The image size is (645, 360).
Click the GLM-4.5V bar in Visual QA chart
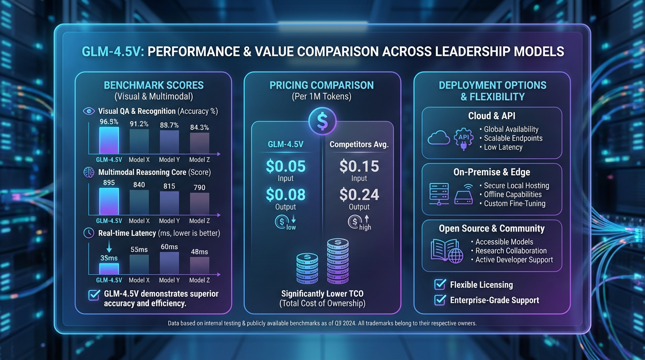pos(109,140)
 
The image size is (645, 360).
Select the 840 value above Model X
pos(139,185)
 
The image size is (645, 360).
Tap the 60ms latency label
pos(169,247)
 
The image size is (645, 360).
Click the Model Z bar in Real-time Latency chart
pos(199,265)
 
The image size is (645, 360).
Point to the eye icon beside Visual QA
pos(89,111)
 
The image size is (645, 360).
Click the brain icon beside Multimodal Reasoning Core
pos(89,172)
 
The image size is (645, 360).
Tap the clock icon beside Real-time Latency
pos(89,233)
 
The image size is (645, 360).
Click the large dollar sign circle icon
pos(322,121)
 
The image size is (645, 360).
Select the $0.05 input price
pos(285,166)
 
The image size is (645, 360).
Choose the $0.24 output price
pos(359,194)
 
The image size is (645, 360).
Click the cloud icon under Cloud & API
pos(439,138)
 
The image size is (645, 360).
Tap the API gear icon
pos(463,138)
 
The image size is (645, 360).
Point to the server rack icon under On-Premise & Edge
pos(439,194)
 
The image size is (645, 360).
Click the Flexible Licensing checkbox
pos(440,285)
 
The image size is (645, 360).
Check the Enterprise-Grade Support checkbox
pos(440,300)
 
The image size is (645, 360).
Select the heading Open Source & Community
pos(492,229)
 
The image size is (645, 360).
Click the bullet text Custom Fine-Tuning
pos(515,203)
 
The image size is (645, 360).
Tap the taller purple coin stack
pos(337,261)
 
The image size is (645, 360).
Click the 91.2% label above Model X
pos(139,124)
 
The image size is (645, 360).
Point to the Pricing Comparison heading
pos(322,85)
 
